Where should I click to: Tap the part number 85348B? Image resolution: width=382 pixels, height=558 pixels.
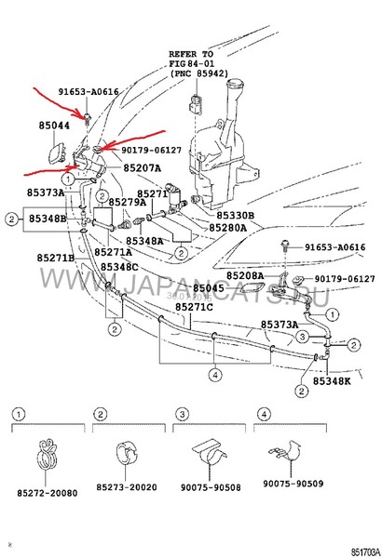(46, 219)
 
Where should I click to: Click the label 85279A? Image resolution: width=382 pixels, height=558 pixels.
(127, 202)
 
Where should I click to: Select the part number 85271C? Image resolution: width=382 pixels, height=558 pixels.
(193, 307)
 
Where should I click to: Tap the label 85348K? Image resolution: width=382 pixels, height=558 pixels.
(332, 381)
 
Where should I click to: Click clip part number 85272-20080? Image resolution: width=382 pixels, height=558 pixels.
(46, 492)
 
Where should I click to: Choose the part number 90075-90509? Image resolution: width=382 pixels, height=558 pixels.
(291, 484)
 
